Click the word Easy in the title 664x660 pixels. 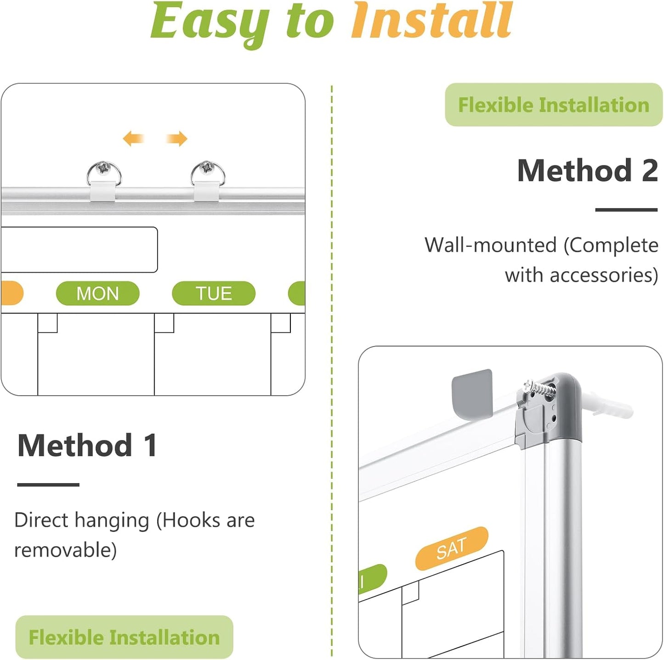(210, 22)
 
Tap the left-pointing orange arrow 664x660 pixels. (133, 138)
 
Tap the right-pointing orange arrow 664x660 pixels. (177, 138)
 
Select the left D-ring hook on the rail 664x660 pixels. (104, 175)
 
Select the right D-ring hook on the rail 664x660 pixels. (208, 175)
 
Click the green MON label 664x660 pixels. (97, 293)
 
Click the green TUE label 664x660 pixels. (214, 293)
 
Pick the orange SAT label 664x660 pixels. (451, 548)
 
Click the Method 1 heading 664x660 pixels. (87, 445)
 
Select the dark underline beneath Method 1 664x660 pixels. (48, 484)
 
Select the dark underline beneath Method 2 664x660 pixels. (626, 210)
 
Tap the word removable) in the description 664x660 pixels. (66, 550)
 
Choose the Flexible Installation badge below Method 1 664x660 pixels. (124, 637)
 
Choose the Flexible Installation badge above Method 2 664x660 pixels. (553, 105)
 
